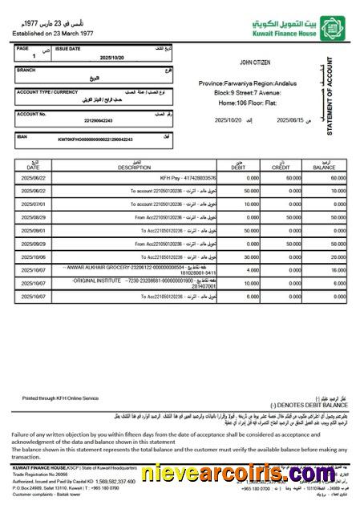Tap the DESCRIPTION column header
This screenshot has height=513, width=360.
(x=134, y=167)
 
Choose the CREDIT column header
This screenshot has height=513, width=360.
(x=281, y=167)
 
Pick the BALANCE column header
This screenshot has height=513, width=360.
(x=324, y=167)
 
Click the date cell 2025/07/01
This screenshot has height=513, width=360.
(x=38, y=204)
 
